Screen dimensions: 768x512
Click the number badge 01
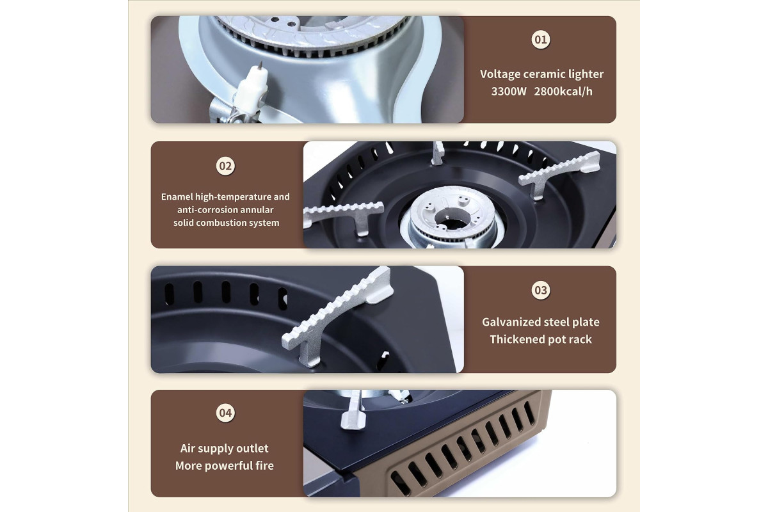541,40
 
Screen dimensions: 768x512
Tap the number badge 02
225,166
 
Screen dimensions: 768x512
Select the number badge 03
541,290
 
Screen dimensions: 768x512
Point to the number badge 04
225,413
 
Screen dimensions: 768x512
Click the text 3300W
508,92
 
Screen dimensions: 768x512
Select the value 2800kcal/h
563,92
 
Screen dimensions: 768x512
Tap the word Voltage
500,74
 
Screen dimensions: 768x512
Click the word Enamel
177,196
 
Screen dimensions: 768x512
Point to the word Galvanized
509,322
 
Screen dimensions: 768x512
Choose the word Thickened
516,339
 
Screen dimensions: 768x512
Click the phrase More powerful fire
225,466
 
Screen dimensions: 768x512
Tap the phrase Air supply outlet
225,448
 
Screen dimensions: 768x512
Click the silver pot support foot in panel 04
354,410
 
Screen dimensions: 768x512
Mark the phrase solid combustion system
227,223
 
